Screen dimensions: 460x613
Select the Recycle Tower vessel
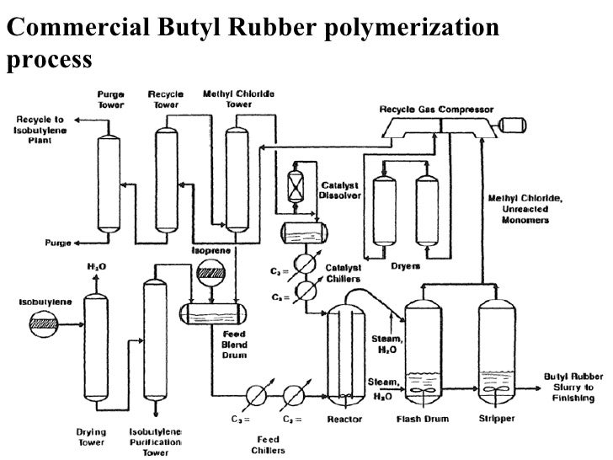pos(166,177)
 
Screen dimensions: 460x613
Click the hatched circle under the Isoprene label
pos(206,275)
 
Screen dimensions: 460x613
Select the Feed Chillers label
pos(269,444)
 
